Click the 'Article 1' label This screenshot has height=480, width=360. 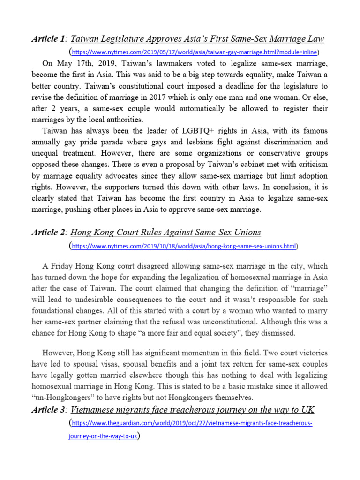49,38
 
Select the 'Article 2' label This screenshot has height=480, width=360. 49,232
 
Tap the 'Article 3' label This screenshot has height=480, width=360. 49,410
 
